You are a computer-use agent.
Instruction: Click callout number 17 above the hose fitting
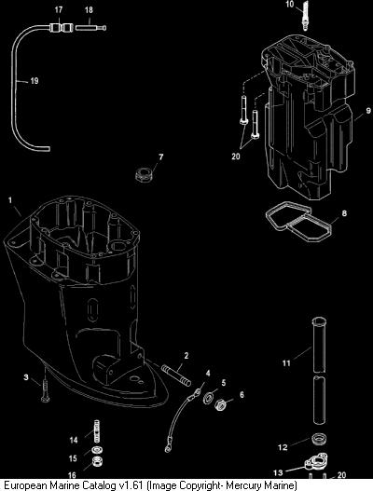59,10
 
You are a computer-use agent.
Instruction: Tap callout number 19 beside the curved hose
35,81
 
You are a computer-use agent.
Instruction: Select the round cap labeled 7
145,174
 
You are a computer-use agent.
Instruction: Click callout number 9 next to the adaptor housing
368,111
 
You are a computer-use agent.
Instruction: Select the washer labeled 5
209,398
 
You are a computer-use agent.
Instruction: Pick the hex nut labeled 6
222,405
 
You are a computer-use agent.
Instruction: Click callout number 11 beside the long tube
287,363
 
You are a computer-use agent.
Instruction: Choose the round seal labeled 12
320,439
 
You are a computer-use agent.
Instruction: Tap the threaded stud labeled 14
97,431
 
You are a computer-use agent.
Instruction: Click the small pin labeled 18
90,28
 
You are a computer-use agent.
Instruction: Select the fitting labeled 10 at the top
304,16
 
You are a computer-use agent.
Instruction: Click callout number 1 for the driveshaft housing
10,199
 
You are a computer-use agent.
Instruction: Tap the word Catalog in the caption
99,485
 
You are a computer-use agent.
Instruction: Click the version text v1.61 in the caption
131,485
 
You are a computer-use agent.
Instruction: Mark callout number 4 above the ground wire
208,373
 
